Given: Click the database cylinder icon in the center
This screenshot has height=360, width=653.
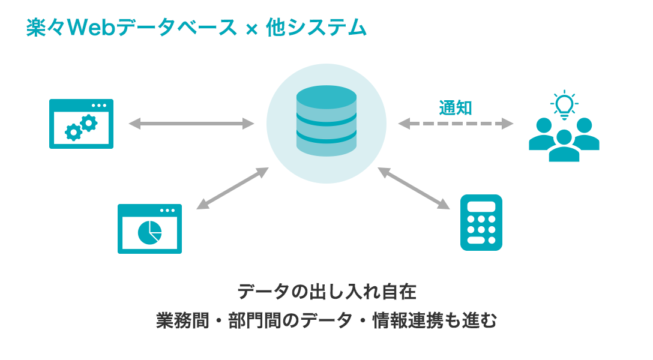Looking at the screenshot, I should pos(326,122).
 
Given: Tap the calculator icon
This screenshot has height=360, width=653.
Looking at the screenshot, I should pos(481,222).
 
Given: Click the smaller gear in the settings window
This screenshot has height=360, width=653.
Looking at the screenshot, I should pos(73,132).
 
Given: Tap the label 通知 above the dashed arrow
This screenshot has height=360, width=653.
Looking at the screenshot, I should pos(456,108).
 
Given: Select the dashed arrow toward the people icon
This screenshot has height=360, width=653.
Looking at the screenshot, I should pos(456,124).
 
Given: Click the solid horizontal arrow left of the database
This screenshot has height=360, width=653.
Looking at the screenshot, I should pos(191,124).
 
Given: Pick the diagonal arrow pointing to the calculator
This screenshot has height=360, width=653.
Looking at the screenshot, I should pos(414,188).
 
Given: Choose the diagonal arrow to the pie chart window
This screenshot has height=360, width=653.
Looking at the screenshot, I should pos(233,188).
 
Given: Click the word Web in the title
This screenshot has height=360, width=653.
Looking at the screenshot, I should pos(90,28).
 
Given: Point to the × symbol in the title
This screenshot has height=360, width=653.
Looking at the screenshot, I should pos(251,29).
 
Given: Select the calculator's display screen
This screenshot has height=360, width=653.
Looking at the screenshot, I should pos(481,206).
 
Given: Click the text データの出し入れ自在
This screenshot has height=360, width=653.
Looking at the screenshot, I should pos(326,292).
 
